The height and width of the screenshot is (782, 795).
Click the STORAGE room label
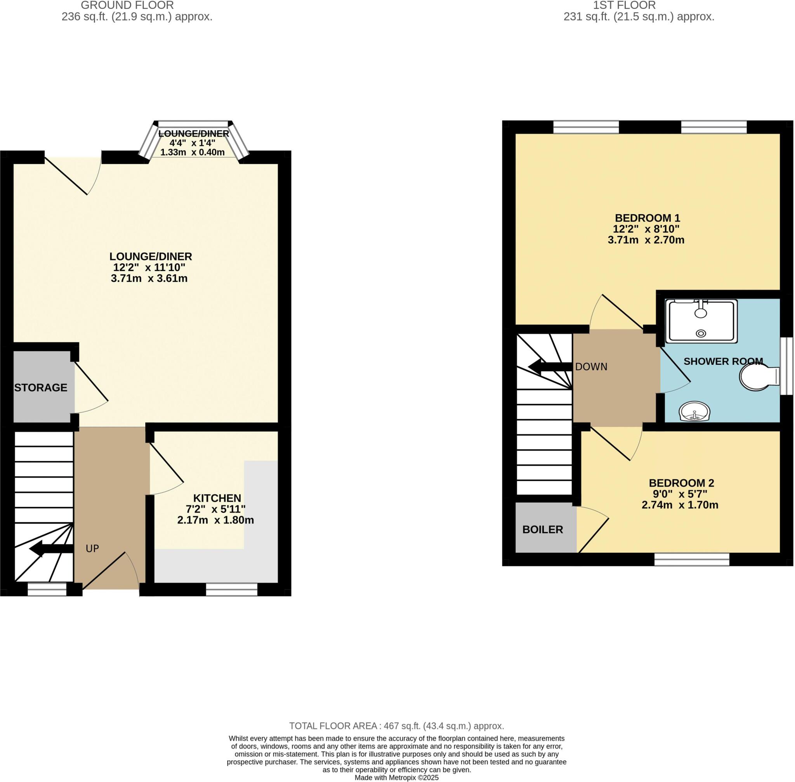(x=41, y=387)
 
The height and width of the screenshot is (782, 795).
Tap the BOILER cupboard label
(x=542, y=529)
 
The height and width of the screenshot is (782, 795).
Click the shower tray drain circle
(x=701, y=333)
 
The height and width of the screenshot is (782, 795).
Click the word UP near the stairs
(x=92, y=548)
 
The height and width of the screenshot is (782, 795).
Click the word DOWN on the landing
(x=591, y=367)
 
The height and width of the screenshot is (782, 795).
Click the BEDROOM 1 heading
(x=647, y=218)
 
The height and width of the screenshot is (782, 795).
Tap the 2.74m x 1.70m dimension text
(x=680, y=505)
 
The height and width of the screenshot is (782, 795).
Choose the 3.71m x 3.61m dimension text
(x=149, y=279)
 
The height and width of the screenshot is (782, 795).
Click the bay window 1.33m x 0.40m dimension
(x=192, y=153)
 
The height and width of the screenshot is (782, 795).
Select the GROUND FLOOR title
(x=127, y=5)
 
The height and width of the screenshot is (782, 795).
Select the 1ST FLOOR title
(x=624, y=5)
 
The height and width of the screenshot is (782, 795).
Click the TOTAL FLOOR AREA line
(x=396, y=726)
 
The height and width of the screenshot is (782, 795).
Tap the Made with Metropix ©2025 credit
(x=396, y=777)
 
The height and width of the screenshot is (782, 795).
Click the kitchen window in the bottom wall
(x=231, y=590)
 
